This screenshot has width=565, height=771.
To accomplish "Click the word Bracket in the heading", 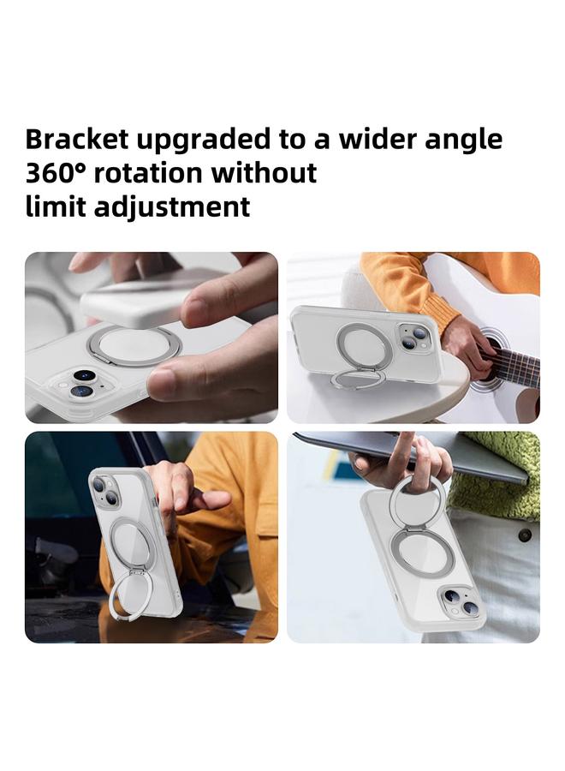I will (76, 140).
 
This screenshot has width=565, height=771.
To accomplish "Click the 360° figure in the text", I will (56, 173).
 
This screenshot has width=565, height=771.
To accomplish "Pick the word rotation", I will (149, 173).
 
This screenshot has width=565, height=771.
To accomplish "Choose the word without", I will (265, 173).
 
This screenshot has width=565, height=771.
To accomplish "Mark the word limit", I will (54, 206).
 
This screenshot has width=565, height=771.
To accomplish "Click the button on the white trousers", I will (524, 535).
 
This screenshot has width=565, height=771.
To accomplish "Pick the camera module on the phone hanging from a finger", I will (461, 602).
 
